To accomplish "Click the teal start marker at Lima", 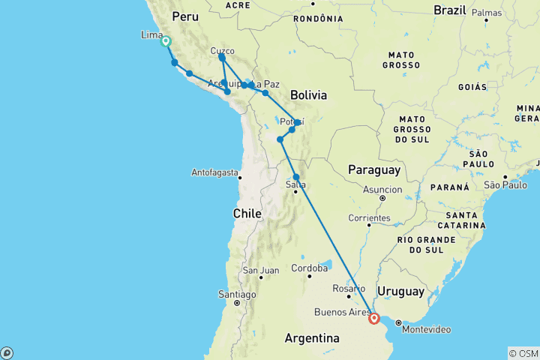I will coord(166,42).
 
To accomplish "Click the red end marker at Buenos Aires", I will coord(373,319).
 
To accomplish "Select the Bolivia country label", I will coord(308,95).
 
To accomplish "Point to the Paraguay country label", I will coord(373,170).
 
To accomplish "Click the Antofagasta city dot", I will coord(240,177).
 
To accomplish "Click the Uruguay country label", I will coord(400,291).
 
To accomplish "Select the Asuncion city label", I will coord(382,189).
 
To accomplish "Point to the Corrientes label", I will coord(368,218).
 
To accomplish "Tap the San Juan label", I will coord(260,270).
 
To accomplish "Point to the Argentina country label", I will coord(312,339).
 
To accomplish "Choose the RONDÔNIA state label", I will coord(313,18).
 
